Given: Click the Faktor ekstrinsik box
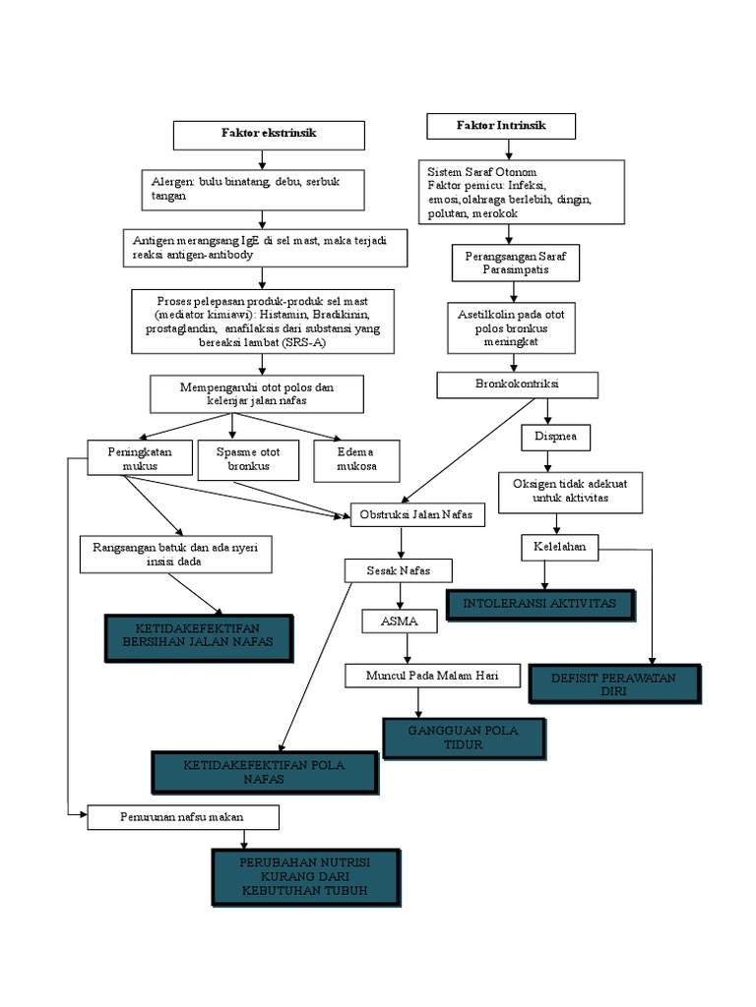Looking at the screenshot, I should pos(269,133).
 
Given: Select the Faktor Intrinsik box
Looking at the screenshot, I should pos(501,127).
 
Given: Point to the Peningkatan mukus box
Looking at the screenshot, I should pos(139,458).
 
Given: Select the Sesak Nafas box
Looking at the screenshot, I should pos(399,570).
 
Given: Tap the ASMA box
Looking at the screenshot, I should pos(402,622).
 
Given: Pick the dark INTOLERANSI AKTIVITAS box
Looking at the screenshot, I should pos(541,604).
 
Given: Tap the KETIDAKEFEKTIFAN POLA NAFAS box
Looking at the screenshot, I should pos(264,772).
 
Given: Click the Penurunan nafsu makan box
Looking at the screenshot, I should pos(183,817).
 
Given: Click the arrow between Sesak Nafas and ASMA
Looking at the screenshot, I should pos(400,596).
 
